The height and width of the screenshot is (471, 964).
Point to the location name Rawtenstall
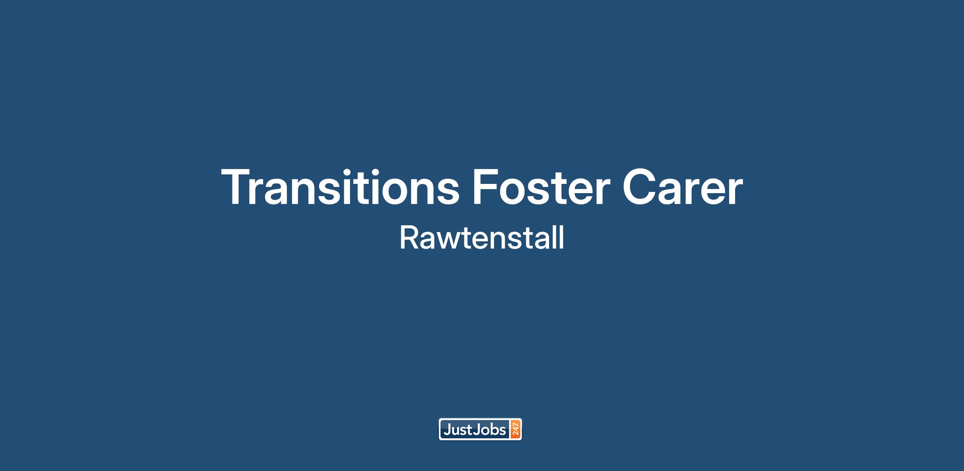[482, 238]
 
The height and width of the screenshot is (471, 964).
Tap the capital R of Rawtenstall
[409, 238]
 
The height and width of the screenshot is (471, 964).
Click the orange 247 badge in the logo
[515, 430]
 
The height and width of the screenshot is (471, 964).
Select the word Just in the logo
[457, 430]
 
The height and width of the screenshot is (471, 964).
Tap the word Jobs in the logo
[490, 430]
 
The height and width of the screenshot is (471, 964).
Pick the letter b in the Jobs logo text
[494, 430]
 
